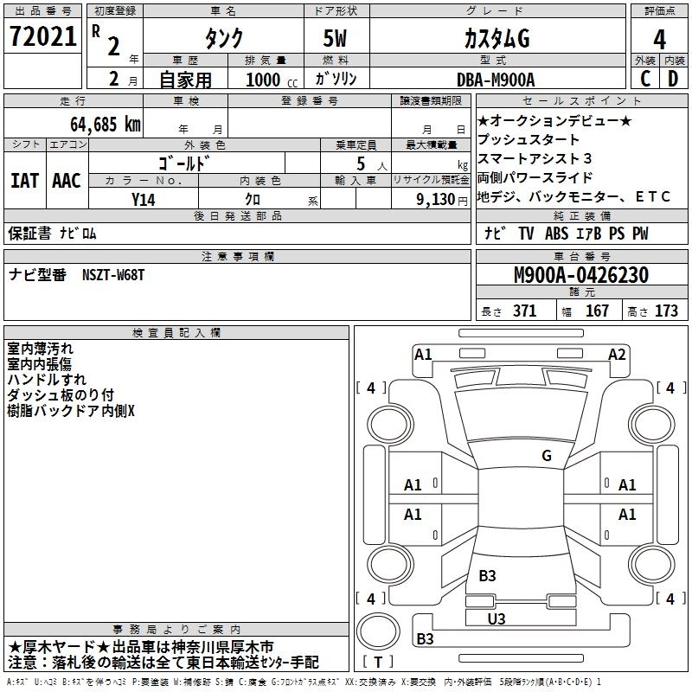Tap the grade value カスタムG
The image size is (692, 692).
pyautogui.click(x=496, y=38)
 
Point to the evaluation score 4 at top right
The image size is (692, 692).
pyautogui.click(x=660, y=38)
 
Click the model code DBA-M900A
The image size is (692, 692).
pyautogui.click(x=496, y=80)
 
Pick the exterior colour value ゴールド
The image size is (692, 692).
pyautogui.click(x=187, y=162)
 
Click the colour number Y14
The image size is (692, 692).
pyautogui.click(x=144, y=200)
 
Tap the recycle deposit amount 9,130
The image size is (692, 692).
pyautogui.click(x=439, y=200)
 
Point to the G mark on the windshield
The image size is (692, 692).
pyautogui.click(x=547, y=455)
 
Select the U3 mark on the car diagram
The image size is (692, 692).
pyautogui.click(x=497, y=618)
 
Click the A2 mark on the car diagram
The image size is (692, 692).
pyautogui.click(x=617, y=354)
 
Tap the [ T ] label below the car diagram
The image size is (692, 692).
pyautogui.click(x=379, y=662)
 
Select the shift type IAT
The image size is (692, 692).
pyautogui.click(x=24, y=181)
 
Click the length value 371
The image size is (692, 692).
pyautogui.click(x=524, y=311)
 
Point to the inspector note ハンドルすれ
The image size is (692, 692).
pyautogui.click(x=47, y=379)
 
